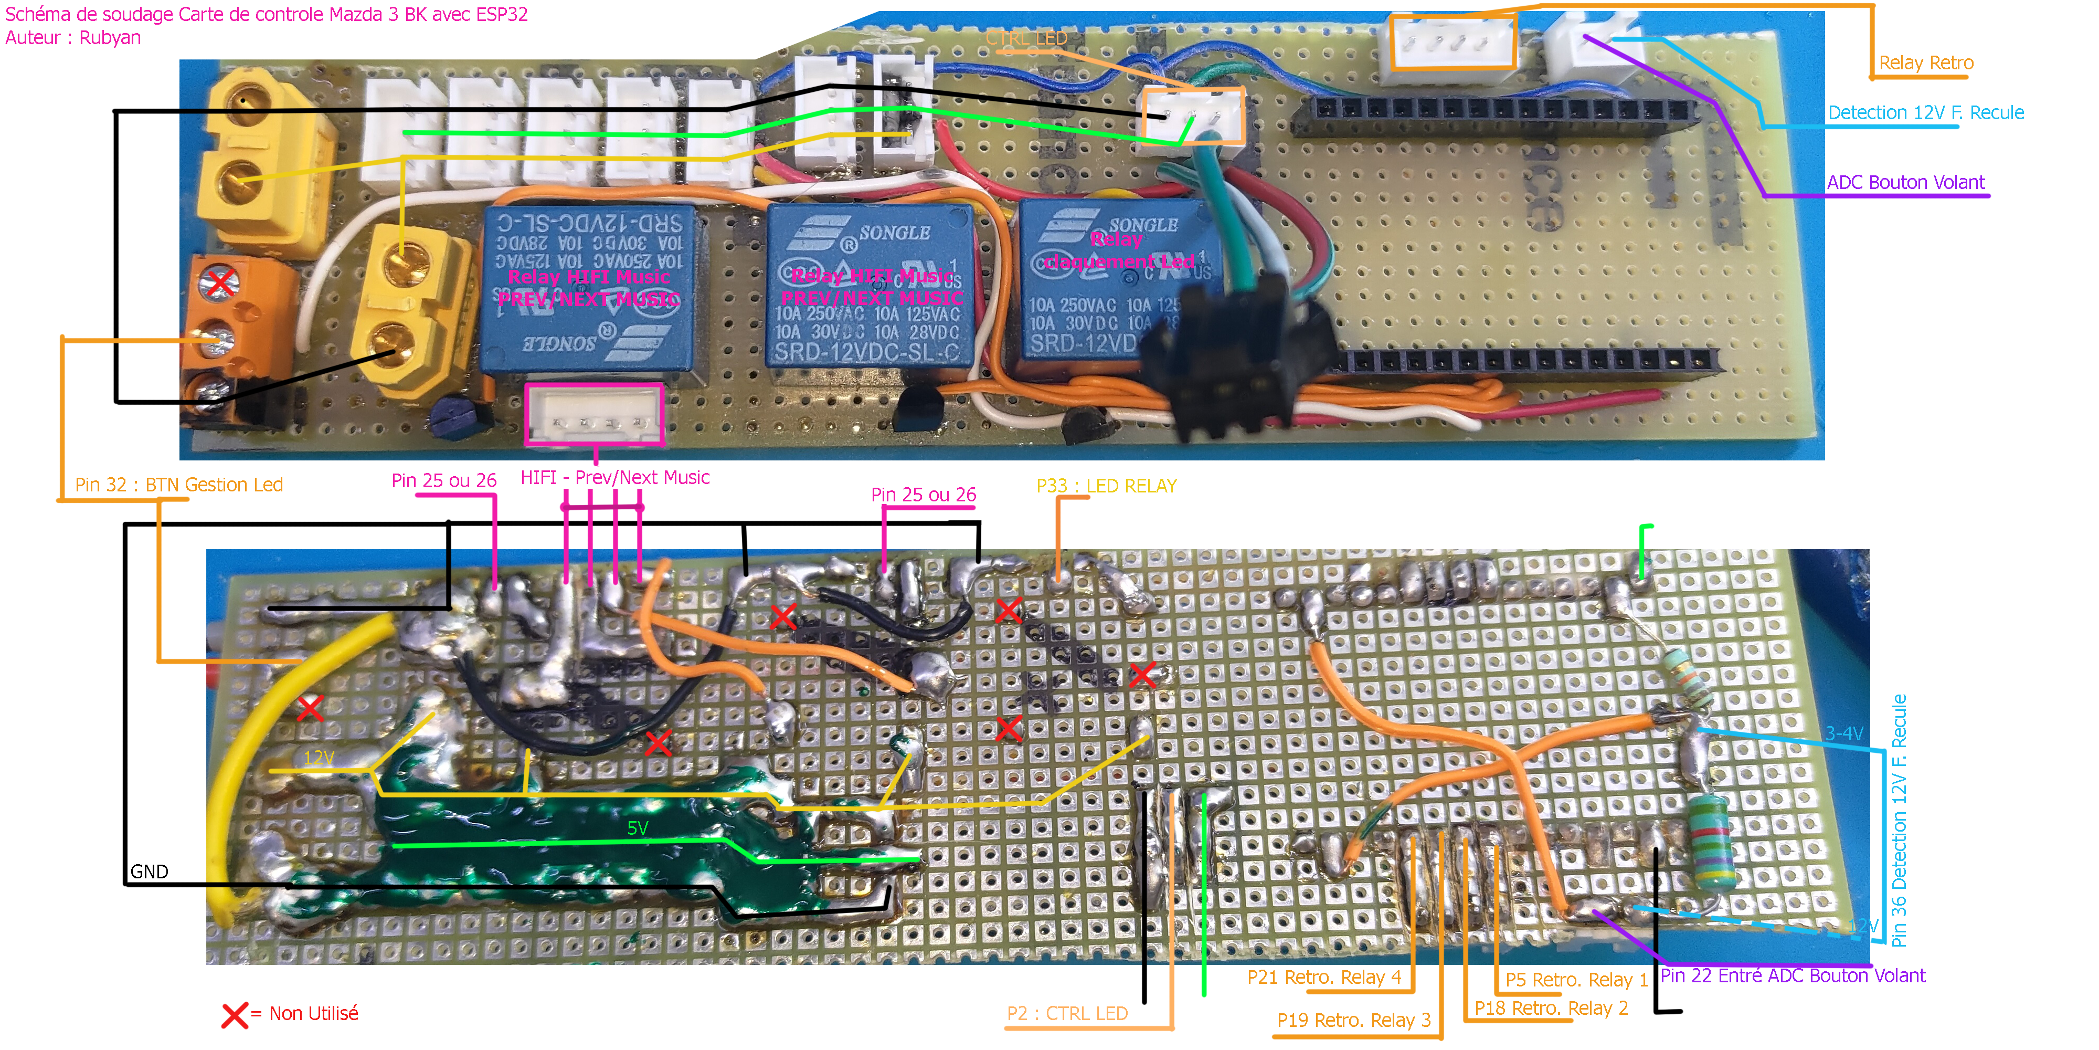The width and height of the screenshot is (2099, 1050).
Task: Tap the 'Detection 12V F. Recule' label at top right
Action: click(1925, 112)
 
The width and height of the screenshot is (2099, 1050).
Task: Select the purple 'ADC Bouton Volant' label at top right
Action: click(1905, 183)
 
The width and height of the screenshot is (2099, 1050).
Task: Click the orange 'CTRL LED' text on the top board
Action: click(1026, 38)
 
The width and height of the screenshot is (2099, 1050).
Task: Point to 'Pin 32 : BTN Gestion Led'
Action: click(178, 485)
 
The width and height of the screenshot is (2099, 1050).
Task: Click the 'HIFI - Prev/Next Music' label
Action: click(614, 478)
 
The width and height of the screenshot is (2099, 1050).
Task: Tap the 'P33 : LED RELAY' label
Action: click(1106, 486)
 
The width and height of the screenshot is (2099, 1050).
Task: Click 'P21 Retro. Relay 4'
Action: click(1323, 978)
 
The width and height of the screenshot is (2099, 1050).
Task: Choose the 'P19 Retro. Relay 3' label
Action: click(1353, 1021)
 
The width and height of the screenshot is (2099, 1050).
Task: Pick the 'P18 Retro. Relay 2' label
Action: click(1551, 1009)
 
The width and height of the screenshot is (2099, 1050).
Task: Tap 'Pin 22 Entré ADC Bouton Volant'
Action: click(1793, 976)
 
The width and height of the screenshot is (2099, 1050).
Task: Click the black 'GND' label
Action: click(149, 871)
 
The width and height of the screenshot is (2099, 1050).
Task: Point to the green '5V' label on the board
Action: click(637, 828)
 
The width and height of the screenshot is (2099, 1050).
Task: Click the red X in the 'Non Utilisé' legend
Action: click(235, 1015)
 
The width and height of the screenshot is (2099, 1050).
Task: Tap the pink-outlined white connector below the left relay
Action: click(594, 415)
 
